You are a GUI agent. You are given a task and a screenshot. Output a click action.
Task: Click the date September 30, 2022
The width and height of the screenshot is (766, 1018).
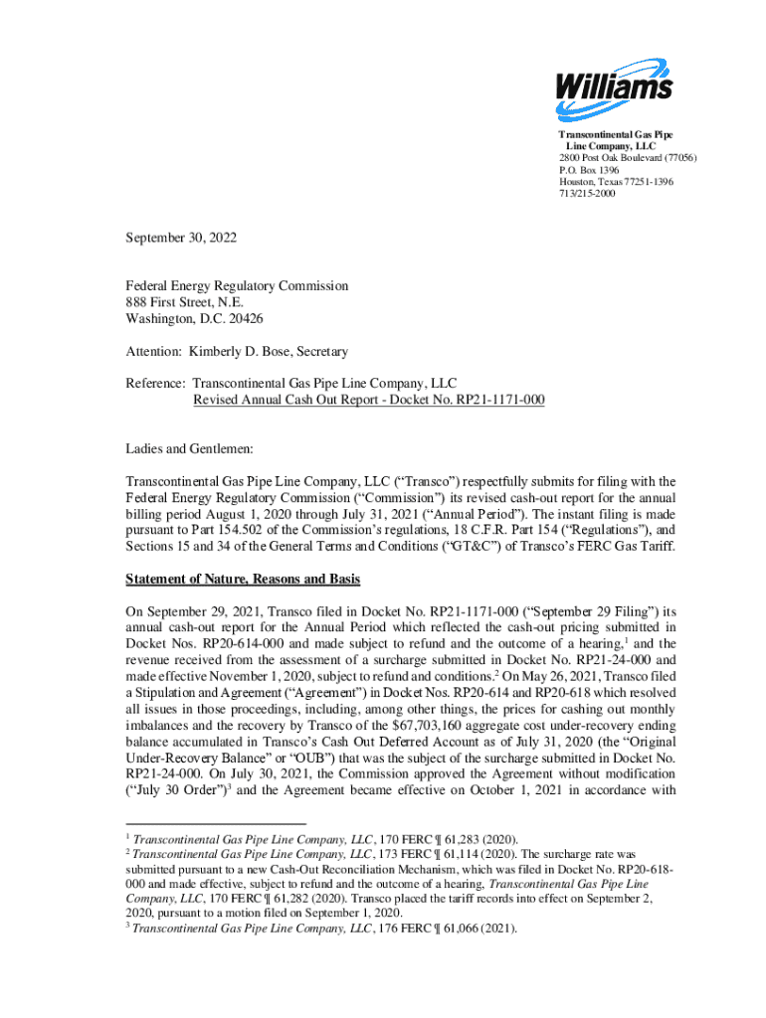[x=182, y=239]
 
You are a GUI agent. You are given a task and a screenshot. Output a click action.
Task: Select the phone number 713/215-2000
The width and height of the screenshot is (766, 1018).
[x=587, y=194]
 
